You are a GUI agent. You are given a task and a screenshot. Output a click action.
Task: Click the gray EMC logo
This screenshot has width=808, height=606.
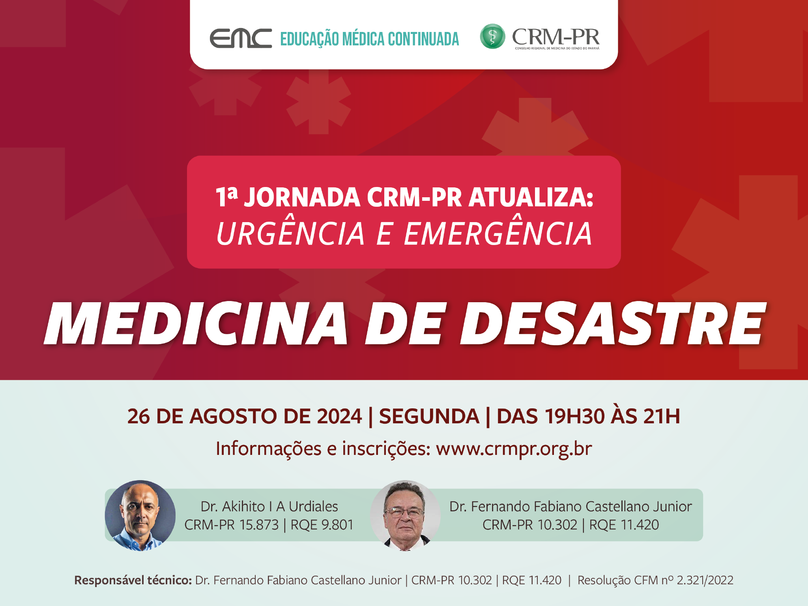pyautogui.click(x=241, y=38)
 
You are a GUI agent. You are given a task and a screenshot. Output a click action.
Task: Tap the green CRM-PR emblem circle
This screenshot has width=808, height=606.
pyautogui.click(x=492, y=36)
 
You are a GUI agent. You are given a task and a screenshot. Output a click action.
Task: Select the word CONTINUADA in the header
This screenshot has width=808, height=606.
pyautogui.click(x=423, y=39)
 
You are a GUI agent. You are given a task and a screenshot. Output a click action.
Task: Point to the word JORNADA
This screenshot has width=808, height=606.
pyautogui.click(x=302, y=197)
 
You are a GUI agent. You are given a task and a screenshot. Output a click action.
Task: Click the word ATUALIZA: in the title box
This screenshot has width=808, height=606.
pyautogui.click(x=531, y=197)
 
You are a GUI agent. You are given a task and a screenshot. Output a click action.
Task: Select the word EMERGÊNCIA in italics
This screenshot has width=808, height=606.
pyautogui.click(x=498, y=233)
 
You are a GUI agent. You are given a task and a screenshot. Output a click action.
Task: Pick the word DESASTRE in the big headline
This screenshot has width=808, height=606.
pyautogui.click(x=613, y=324)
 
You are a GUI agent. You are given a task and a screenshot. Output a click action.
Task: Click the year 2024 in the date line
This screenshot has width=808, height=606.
pyautogui.click(x=339, y=416)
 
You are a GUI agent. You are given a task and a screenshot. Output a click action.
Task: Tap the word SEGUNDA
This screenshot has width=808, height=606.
pyautogui.click(x=429, y=416)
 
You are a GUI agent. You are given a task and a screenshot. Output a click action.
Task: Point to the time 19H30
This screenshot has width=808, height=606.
pyautogui.click(x=574, y=416)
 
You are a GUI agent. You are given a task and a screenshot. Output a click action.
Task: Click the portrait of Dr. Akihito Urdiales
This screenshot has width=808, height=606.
pyautogui.click(x=140, y=515)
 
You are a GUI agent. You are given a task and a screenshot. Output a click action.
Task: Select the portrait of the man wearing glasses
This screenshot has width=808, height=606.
pyautogui.click(x=405, y=515)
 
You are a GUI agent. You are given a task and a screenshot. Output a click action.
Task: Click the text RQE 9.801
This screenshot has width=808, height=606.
pyautogui.click(x=322, y=525)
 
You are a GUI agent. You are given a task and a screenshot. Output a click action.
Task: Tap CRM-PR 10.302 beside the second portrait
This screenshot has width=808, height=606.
pyautogui.click(x=529, y=525)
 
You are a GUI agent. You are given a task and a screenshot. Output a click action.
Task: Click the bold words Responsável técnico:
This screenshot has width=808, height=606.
pyautogui.click(x=133, y=580)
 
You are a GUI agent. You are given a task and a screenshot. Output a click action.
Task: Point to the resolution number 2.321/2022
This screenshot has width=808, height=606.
pyautogui.click(x=705, y=580)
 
